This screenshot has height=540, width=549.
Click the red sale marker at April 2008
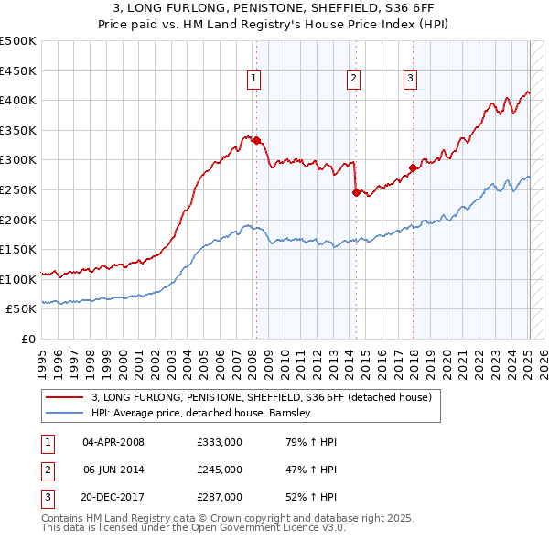(256, 141)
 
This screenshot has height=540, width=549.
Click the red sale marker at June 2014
(356, 192)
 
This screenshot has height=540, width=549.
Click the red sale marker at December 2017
(413, 167)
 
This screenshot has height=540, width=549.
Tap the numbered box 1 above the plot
(253, 80)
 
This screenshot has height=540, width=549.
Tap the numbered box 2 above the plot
(353, 80)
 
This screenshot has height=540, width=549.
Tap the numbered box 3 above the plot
(411, 80)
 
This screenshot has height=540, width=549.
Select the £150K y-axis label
(18, 250)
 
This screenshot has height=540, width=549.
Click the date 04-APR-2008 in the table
(113, 442)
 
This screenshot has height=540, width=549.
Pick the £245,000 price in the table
(219, 470)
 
